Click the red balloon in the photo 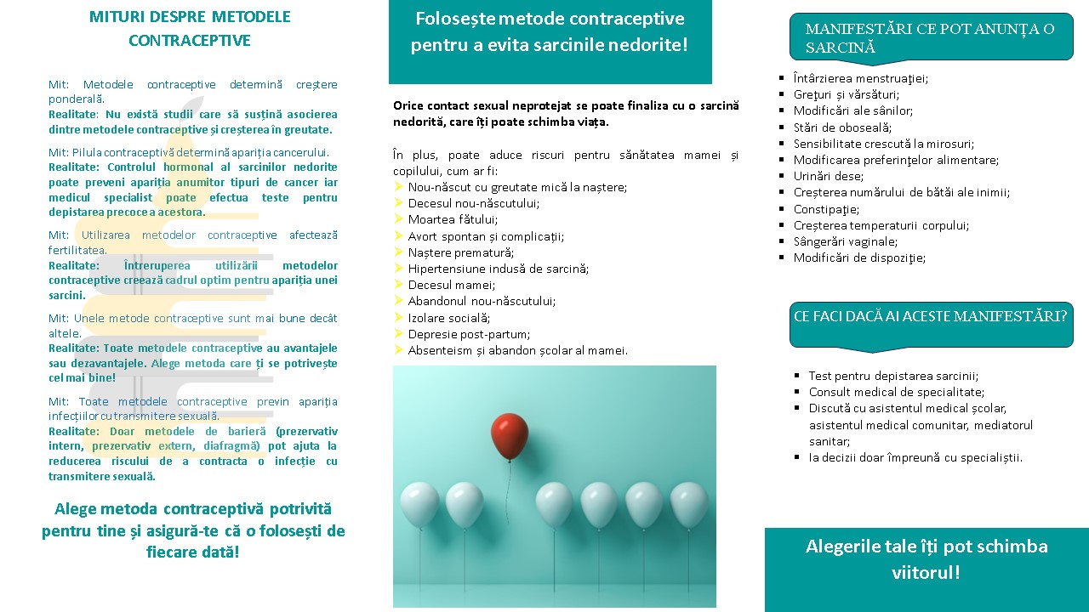[x=510, y=435]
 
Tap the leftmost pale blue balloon [x=419, y=503]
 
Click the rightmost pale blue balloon [x=689, y=504]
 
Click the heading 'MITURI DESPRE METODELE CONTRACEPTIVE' [x=190, y=29]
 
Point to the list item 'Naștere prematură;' [x=460, y=252]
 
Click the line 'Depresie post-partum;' [x=469, y=334]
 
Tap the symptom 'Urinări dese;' [x=828, y=176]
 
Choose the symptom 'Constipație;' [x=826, y=209]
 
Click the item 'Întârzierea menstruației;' [x=860, y=78]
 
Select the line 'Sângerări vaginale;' [x=845, y=241]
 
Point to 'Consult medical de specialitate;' [x=897, y=392]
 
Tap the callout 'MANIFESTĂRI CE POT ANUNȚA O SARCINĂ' [x=930, y=38]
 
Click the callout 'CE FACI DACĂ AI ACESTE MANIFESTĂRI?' [x=930, y=316]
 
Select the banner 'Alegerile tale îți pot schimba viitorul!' [x=927, y=558]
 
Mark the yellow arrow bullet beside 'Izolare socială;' [x=398, y=318]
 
